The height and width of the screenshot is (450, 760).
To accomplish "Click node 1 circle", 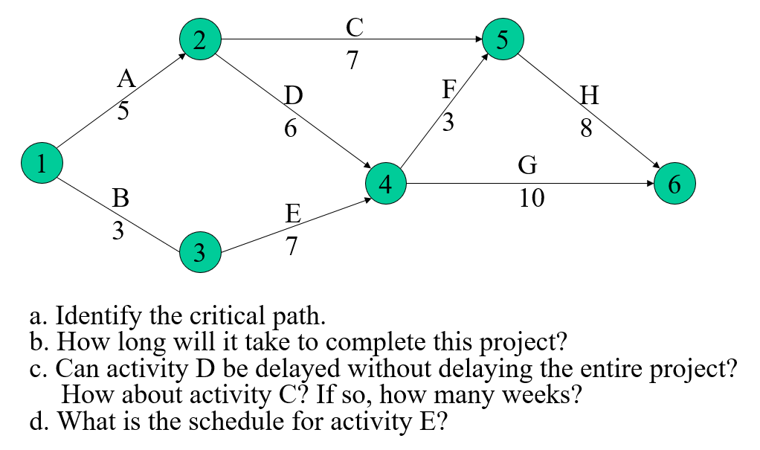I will [42, 163].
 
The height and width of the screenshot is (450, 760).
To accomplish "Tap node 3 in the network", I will [200, 254].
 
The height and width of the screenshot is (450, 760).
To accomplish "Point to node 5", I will [503, 39].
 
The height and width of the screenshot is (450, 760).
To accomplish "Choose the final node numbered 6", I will [674, 184].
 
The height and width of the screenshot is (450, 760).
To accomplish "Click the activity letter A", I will [126, 80].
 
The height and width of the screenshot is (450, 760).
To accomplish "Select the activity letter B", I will [120, 199].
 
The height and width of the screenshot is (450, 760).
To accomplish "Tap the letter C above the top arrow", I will [355, 28].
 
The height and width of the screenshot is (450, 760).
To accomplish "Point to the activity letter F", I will [448, 90].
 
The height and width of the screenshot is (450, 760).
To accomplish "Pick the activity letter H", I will [589, 97].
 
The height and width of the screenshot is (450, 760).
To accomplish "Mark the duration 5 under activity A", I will [123, 112].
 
